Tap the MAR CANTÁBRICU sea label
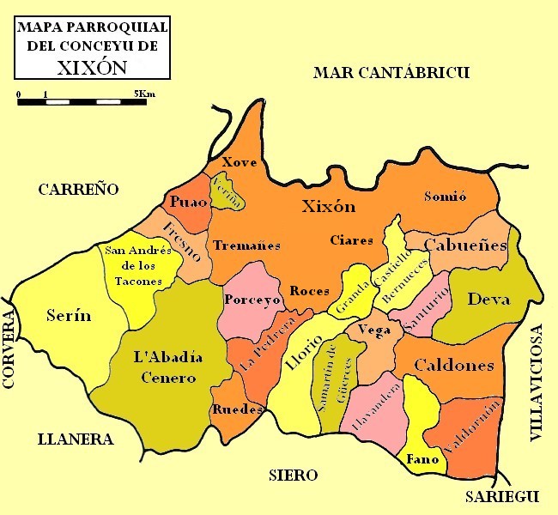(x=391, y=72)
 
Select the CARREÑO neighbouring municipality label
(x=77, y=190)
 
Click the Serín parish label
(x=69, y=315)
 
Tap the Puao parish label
(x=188, y=203)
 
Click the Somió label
(x=446, y=197)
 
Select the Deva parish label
(x=488, y=299)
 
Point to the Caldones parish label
(x=454, y=366)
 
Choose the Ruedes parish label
(x=236, y=409)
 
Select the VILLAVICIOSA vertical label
(x=537, y=384)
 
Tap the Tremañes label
(x=246, y=245)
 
